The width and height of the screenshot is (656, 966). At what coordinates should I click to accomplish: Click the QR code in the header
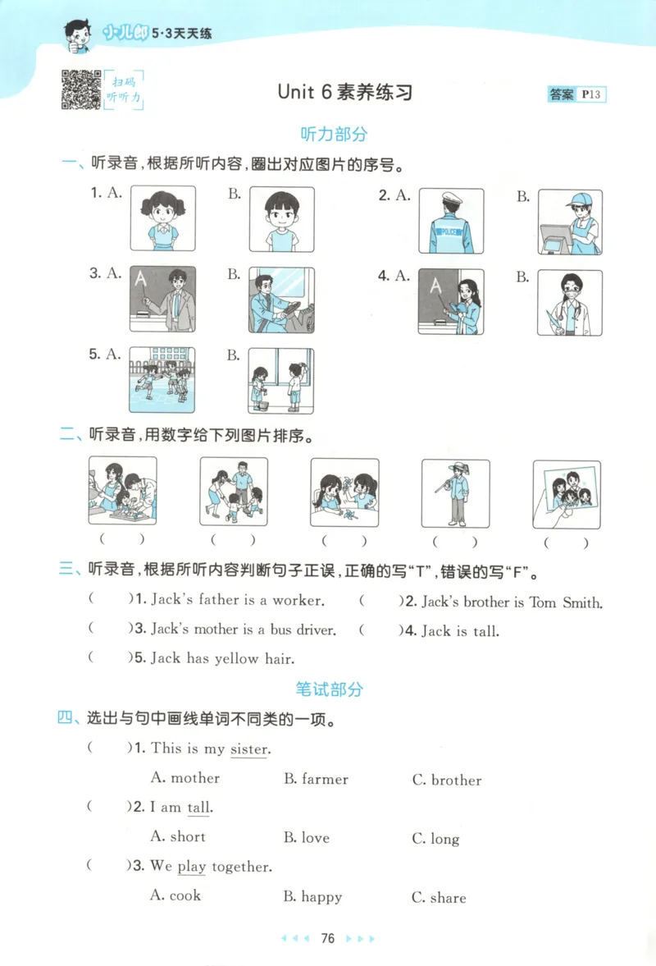click(81, 89)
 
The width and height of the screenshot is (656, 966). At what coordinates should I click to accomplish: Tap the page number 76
click(328, 939)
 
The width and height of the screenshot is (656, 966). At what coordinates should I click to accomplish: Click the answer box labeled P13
click(576, 94)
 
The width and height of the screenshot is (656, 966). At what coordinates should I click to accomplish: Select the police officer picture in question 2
click(451, 221)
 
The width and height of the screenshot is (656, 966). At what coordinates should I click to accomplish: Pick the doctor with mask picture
click(569, 303)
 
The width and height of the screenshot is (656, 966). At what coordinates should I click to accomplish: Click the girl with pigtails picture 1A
click(163, 218)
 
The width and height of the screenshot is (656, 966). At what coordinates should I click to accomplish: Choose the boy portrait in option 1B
click(281, 218)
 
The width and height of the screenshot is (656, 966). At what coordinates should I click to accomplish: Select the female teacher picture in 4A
click(451, 301)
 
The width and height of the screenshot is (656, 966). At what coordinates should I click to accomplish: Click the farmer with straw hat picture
click(455, 492)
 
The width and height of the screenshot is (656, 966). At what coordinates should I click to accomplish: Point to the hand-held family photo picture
click(567, 494)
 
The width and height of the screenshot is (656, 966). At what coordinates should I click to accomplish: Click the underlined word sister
click(249, 749)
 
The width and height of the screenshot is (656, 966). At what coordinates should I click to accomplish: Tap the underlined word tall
click(199, 808)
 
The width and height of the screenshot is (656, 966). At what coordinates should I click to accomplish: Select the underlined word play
click(192, 867)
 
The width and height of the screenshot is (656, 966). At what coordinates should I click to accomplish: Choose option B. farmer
click(316, 779)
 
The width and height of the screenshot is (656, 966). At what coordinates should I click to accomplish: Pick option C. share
click(438, 898)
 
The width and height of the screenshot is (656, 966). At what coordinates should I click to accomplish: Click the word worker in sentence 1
click(298, 600)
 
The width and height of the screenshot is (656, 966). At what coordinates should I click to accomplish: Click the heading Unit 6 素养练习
click(344, 92)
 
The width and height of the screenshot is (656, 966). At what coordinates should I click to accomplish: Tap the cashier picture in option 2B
click(569, 221)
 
